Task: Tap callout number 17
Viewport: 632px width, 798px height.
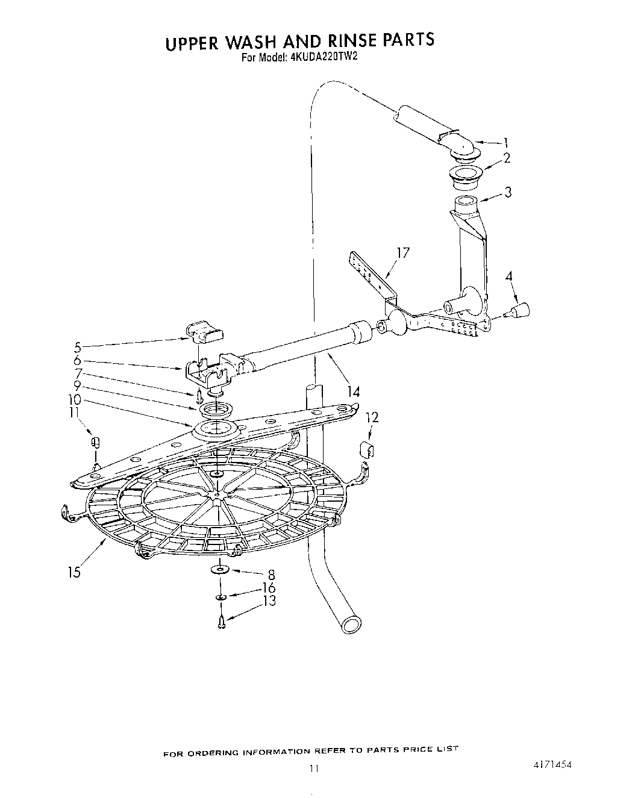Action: [x=402, y=254]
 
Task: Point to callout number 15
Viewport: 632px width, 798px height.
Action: [x=74, y=572]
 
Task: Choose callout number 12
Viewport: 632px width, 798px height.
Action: [x=372, y=417]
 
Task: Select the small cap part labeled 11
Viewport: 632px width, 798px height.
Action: [x=94, y=443]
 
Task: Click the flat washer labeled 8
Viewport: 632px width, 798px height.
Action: [x=221, y=569]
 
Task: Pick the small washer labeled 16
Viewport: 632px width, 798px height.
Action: [x=221, y=597]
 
